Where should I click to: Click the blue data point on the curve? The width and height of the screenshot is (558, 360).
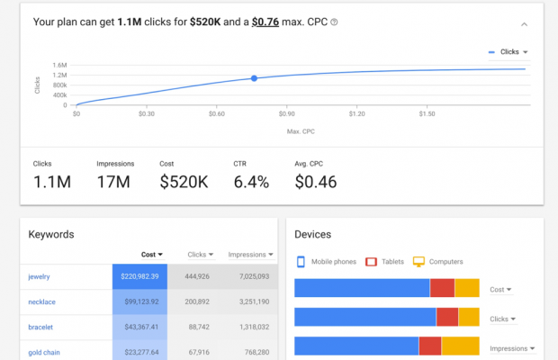point(254,78)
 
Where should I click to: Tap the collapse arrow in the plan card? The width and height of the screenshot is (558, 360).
point(525,24)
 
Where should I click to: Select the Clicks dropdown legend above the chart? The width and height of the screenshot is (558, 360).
point(508,52)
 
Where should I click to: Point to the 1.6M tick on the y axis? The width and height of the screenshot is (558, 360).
point(60,65)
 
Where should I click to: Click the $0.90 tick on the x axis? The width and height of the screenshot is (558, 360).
point(286,114)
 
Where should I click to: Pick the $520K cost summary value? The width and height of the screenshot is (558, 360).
point(184,182)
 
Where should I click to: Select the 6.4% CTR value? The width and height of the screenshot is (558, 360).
point(251,182)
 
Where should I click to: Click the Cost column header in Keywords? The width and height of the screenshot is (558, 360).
point(153,255)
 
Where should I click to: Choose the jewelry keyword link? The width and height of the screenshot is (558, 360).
point(40,276)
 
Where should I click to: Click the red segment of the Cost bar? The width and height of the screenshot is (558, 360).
point(442,288)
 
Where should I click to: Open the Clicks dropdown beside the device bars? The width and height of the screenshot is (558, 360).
point(502,319)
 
